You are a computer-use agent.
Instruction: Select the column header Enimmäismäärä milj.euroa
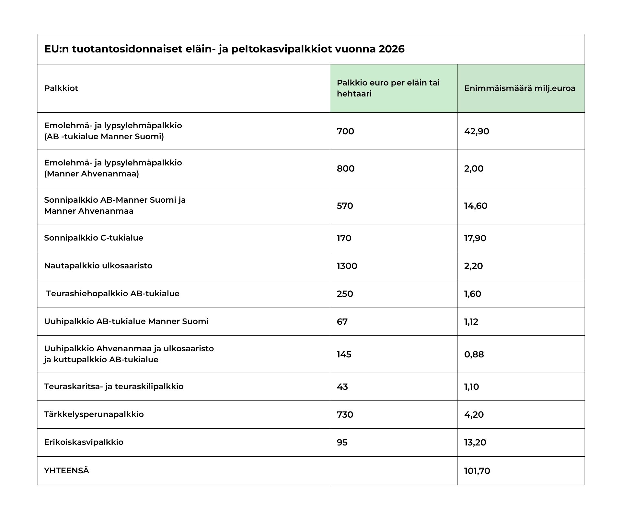[x=520, y=88]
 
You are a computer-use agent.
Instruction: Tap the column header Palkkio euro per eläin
[x=388, y=88]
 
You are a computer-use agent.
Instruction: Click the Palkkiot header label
[x=61, y=88]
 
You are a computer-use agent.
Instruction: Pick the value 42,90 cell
[x=477, y=131]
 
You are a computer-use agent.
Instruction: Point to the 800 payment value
[x=345, y=169]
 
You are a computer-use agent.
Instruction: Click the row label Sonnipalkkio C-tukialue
[x=93, y=238]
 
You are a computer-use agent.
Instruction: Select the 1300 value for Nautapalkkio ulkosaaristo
[x=347, y=266]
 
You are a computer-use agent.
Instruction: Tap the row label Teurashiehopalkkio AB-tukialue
[x=112, y=294]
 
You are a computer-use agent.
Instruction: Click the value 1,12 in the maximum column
[x=471, y=322]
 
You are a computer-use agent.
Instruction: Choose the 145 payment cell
[x=344, y=355]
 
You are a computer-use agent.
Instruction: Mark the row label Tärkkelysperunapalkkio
[x=94, y=414]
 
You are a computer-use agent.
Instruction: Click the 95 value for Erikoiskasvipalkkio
[x=342, y=443]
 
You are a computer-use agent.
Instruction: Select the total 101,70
[x=477, y=471]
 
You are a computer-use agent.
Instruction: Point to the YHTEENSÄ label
[x=66, y=471]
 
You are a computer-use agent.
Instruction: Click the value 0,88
[x=474, y=355]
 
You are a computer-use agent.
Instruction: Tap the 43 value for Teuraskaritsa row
[x=342, y=387]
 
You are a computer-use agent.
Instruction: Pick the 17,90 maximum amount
[x=475, y=238]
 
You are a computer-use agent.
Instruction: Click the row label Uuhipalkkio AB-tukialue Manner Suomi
[x=126, y=321]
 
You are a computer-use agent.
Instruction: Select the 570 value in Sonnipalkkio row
[x=345, y=206]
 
